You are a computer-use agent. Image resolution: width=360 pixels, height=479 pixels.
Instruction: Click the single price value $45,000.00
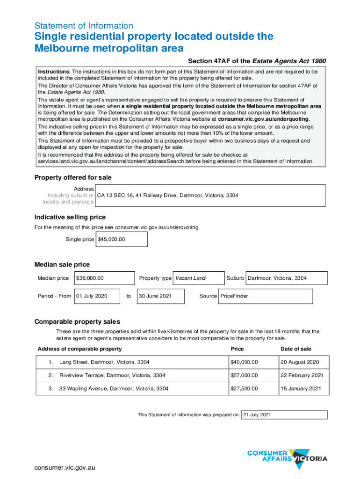(x=122, y=239)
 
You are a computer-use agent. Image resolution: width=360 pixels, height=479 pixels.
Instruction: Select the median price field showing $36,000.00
(x=104, y=278)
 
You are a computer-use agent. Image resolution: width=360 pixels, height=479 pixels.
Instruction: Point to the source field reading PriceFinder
(x=265, y=296)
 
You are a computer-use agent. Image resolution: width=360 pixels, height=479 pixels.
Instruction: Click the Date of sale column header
(x=296, y=349)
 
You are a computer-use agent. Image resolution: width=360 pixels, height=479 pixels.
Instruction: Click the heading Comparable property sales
(x=77, y=322)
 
